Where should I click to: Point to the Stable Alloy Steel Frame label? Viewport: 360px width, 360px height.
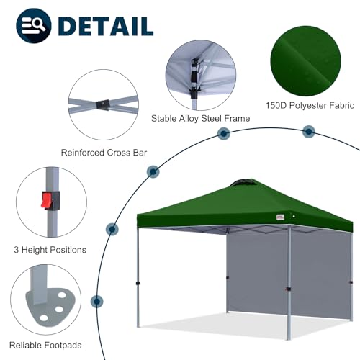coord(201,117)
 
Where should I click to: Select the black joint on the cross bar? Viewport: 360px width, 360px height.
coord(105,105)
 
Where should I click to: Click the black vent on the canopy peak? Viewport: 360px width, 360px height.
coord(239,183)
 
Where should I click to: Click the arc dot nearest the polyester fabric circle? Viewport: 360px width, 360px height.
coord(308,131)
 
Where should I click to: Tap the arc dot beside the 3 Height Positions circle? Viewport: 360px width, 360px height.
coord(112,230)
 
